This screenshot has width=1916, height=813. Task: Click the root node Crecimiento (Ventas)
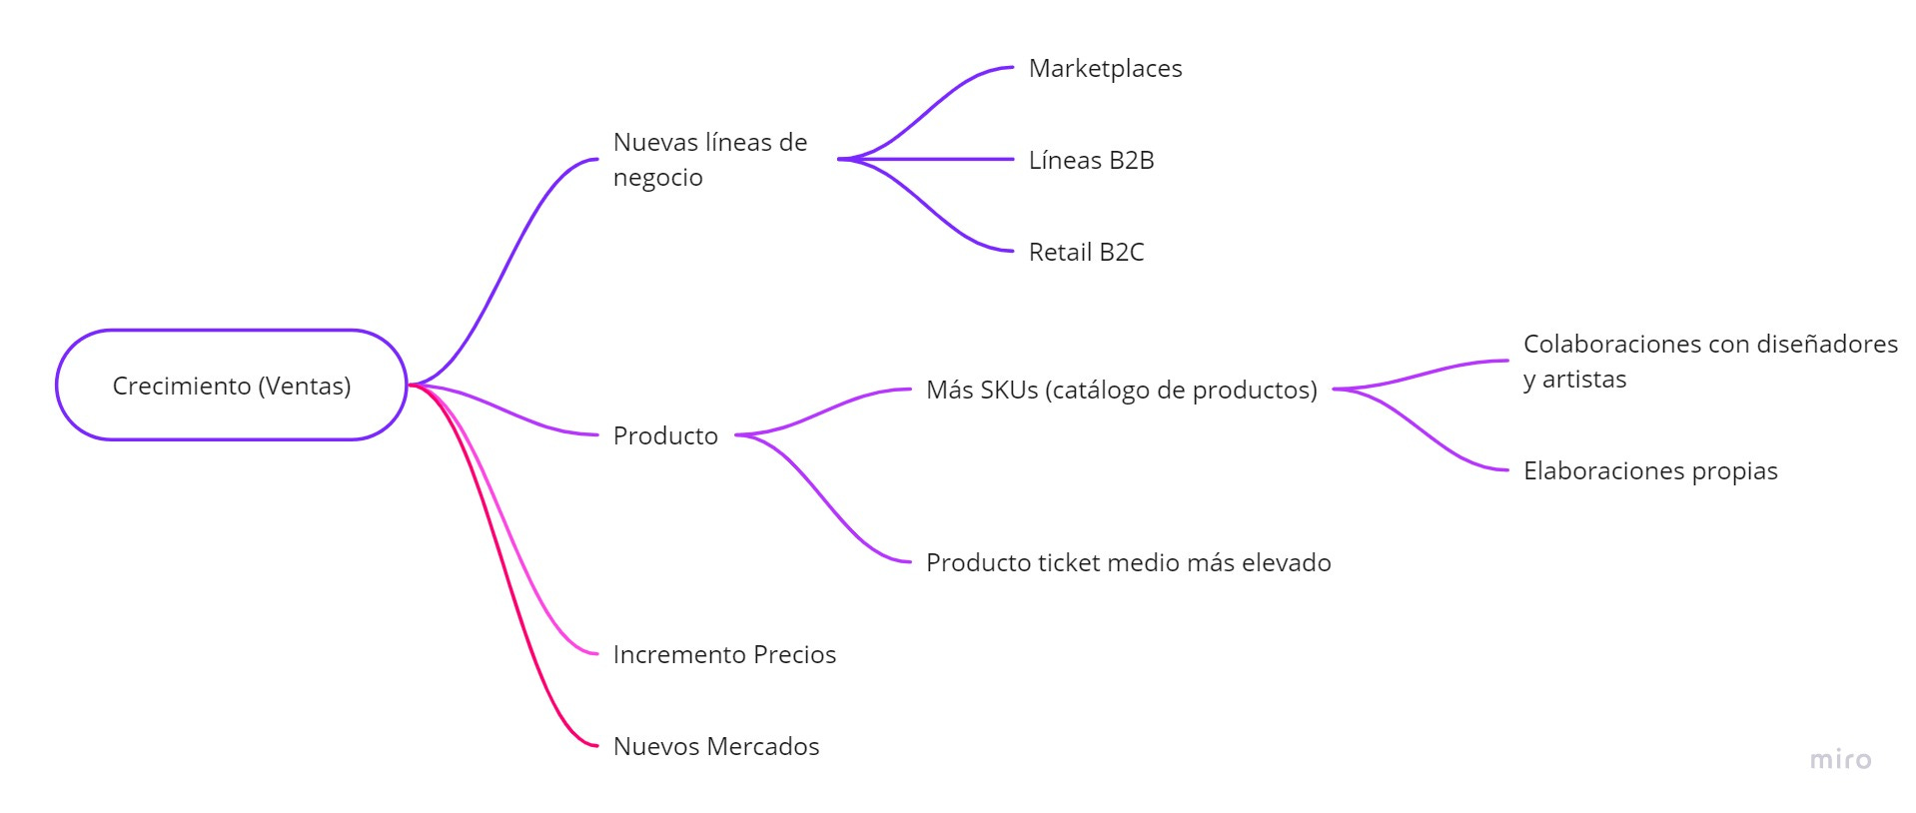(231, 386)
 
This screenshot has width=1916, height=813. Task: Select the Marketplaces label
(1105, 68)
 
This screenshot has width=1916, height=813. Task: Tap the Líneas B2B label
(1091, 160)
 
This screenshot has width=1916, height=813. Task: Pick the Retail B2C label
(1086, 252)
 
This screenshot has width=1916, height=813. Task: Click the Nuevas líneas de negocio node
(709, 159)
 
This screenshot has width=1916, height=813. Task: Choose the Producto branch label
(665, 435)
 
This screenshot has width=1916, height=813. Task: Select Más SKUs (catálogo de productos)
(1121, 390)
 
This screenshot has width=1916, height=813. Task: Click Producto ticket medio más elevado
(1128, 562)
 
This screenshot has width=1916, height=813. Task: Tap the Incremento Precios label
(724, 654)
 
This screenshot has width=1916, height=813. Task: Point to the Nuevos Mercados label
(715, 746)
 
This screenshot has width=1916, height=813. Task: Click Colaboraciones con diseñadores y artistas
(1709, 361)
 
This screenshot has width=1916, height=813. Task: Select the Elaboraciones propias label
(1650, 470)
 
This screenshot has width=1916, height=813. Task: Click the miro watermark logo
(1840, 760)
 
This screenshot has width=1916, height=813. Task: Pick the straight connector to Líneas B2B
(929, 159)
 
